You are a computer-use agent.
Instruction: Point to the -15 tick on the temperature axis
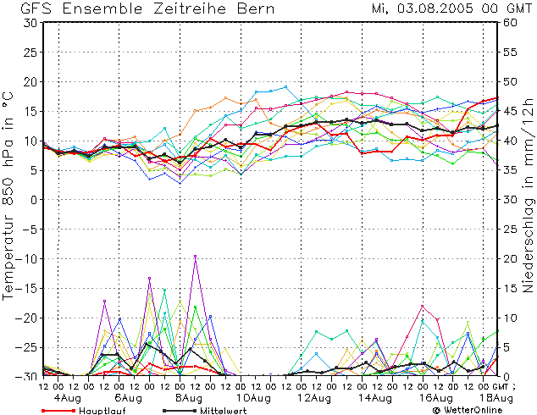pyautogui.click(x=27, y=289)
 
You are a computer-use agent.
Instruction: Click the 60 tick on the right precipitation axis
pyautogui.click(x=510, y=23)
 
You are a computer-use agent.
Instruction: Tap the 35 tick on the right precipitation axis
pyautogui.click(x=510, y=170)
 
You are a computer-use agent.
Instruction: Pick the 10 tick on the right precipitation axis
pyautogui.click(x=510, y=318)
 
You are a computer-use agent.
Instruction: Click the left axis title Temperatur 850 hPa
pyautogui.click(x=9, y=199)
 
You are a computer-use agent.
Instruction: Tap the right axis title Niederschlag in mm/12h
pyautogui.click(x=529, y=199)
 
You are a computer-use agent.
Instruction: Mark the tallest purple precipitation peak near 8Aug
pyautogui.click(x=196, y=256)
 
